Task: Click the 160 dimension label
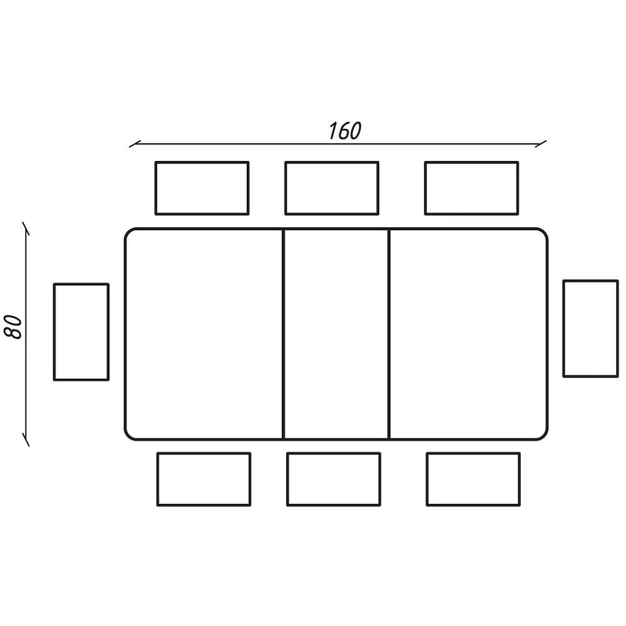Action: point(345,131)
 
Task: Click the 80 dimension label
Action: point(13,327)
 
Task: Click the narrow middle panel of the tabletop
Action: point(336,334)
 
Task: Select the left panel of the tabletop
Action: point(204,334)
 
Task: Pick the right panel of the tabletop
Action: point(468,334)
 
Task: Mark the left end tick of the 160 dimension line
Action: point(135,144)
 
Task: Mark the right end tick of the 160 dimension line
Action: point(541,144)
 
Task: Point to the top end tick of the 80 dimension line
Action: point(26,228)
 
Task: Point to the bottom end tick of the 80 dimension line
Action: point(26,439)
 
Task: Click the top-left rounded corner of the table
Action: point(128,232)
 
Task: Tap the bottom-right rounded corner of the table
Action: point(544,436)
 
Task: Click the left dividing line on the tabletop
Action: point(284,334)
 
